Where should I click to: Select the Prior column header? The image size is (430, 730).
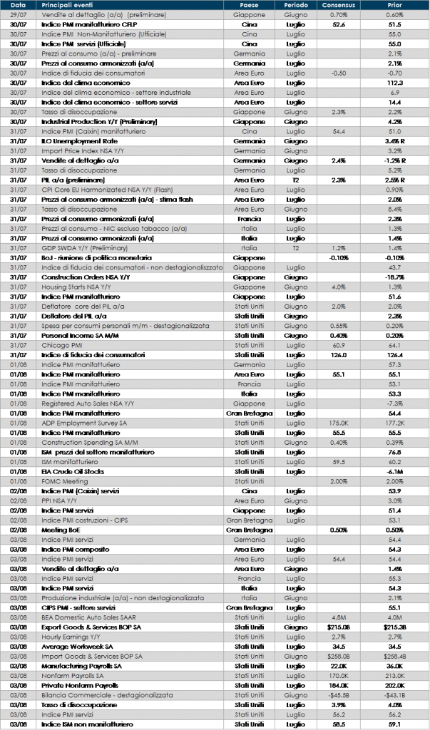point(394,5)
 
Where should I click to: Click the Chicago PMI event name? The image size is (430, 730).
point(63,345)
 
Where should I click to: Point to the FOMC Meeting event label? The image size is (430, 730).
point(65,481)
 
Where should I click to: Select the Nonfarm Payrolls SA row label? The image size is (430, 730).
point(73,675)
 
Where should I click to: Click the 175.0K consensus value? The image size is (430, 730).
point(339,423)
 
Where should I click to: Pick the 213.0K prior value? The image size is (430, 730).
point(394,675)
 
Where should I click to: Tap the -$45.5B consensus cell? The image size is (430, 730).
point(339,694)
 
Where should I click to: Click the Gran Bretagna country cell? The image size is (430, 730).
point(249,520)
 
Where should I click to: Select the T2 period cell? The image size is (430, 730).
point(296,248)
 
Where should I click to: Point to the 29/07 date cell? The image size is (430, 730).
point(19,14)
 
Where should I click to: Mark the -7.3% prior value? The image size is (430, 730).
point(394,403)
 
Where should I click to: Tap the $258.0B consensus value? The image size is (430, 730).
point(339,656)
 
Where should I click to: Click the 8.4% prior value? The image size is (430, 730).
point(394,209)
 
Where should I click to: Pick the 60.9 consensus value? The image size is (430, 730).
point(339,345)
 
